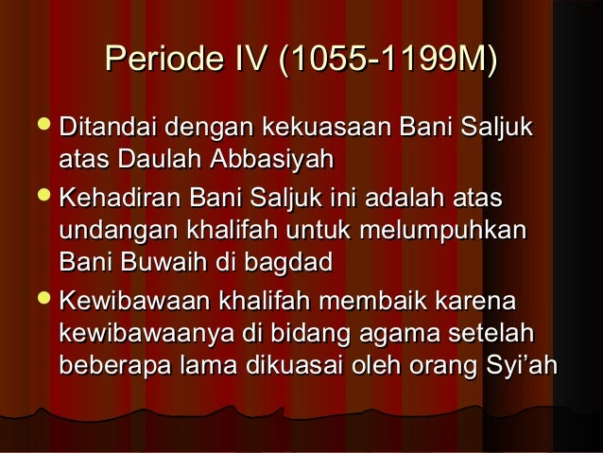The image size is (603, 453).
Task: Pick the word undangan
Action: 116,230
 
